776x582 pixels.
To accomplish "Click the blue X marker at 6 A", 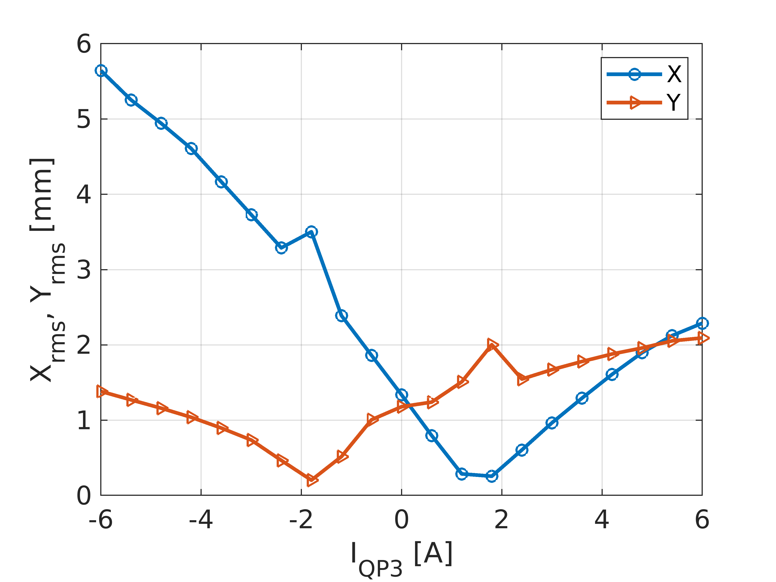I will point(702,323).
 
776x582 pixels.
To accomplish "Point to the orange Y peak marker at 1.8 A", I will point(492,344).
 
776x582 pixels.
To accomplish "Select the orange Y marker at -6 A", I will point(102,392).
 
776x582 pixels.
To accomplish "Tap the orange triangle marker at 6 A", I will point(703,338).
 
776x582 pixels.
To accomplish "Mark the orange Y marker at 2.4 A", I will point(522,379).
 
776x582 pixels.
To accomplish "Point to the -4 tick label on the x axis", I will point(201,520).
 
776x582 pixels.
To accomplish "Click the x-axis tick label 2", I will point(502,520).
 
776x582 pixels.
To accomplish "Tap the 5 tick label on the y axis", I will point(84,119).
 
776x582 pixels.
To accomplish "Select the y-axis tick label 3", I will point(84,270).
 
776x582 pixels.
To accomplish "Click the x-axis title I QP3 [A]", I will point(402,558).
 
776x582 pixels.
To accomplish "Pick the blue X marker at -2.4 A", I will point(281,248).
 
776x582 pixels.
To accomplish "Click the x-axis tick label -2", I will point(301,520).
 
